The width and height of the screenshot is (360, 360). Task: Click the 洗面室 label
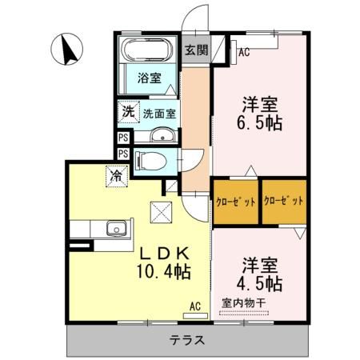160,114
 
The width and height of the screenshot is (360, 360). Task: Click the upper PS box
123,137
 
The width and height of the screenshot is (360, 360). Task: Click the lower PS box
123,154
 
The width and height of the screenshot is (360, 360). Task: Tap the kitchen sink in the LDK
115,230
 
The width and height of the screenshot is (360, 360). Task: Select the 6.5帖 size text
258,123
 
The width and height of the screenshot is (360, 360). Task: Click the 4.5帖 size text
258,283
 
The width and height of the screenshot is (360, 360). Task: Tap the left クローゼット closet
235,202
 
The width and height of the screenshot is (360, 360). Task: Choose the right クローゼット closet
284,202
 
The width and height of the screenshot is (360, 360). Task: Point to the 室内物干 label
245,305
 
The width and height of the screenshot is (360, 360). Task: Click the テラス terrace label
186,340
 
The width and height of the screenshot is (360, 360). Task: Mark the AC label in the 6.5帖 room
245,54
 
